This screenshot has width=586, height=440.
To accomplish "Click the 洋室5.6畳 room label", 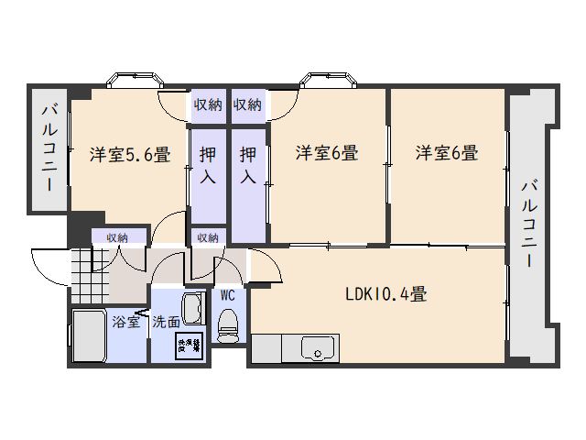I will pos(129,154).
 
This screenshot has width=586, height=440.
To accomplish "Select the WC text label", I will pos(228,295).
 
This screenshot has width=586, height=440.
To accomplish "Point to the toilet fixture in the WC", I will pos(228,325).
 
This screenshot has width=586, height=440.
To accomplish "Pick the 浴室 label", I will pos(127,322).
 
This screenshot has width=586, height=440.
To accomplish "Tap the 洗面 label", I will pos(166,322).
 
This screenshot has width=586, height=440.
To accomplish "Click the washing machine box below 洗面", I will pos(189,346).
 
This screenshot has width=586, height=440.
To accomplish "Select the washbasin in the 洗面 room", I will pos(193,309).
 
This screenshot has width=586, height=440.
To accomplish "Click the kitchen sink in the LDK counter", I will pos(318,350).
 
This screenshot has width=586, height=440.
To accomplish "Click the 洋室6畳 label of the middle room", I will pos(326,154).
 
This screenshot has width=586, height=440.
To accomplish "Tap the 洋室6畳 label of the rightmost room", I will pos(446,154).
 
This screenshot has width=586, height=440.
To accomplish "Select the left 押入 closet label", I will pos(208,165).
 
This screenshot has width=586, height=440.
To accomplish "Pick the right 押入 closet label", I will pos(248,165).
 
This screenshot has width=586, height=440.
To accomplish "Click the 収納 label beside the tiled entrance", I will pos(116,237).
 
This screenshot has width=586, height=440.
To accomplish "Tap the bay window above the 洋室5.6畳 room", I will pos(126,80).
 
